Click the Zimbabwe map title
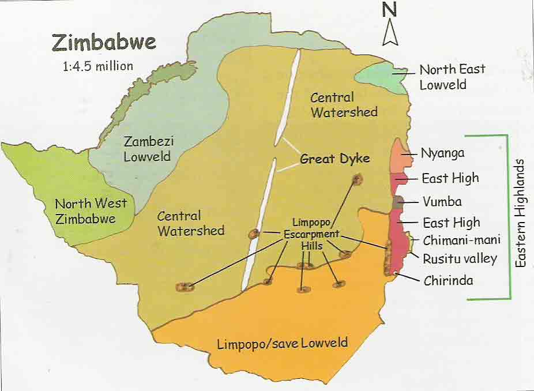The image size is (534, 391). (104, 42)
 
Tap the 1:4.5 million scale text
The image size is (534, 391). (98, 66)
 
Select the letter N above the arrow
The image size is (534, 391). (390, 9)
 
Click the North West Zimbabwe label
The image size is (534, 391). (85, 211)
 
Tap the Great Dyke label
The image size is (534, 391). (334, 159)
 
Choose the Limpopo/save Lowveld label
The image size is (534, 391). (282, 343)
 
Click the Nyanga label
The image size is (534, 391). (442, 154)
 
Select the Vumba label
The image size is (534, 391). (442, 202)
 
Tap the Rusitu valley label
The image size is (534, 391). (460, 258)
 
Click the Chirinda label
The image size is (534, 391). (448, 281)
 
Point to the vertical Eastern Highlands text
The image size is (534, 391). (521, 213)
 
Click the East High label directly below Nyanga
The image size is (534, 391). (450, 178)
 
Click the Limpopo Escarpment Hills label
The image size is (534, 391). (311, 234)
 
